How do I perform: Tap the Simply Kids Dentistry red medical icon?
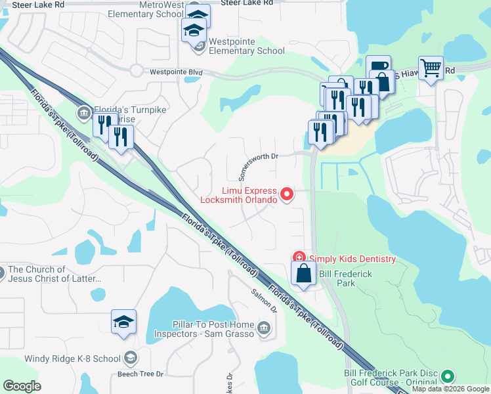(x=299, y=258)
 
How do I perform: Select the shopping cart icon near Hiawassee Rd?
(x=431, y=67)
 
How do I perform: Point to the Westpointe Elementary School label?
(x=246, y=51)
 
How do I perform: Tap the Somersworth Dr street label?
(x=259, y=165)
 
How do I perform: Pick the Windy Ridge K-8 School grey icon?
(x=130, y=358)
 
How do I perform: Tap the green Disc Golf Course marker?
(x=448, y=377)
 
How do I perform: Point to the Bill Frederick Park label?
(x=337, y=278)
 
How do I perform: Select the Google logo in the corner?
(x=22, y=386)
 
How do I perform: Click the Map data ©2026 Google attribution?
(x=450, y=389)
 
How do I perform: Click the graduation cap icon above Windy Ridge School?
(x=123, y=321)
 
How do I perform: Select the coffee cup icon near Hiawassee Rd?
(x=378, y=67)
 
